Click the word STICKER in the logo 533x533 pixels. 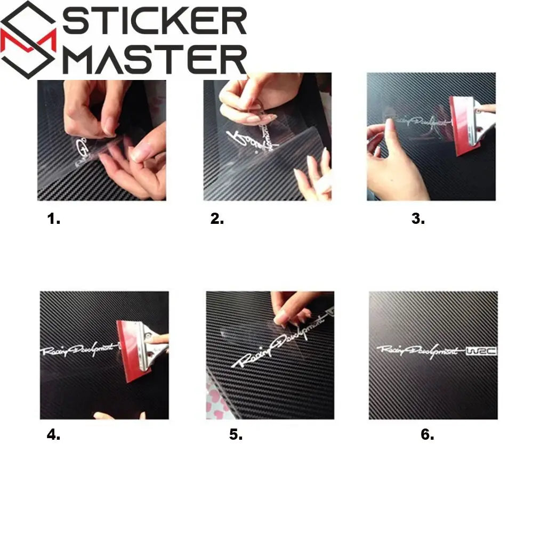(155, 22)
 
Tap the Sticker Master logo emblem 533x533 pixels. (29, 40)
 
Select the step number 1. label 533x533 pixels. (54, 219)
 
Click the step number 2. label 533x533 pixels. (217, 219)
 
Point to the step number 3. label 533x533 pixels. (418, 219)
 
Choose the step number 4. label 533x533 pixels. (53, 434)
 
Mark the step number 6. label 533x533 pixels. (427, 434)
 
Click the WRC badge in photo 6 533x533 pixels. (481, 351)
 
